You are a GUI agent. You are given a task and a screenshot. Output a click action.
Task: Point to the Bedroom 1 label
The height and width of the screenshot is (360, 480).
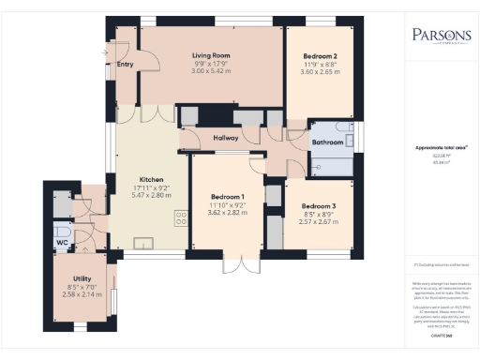click(x=227, y=196)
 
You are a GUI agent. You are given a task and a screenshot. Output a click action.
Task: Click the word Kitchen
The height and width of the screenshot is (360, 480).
click(x=152, y=179)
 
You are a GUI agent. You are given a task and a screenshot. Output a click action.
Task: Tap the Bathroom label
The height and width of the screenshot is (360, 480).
click(x=327, y=142)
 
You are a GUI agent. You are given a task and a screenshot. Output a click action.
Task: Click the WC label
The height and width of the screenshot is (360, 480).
click(x=62, y=243)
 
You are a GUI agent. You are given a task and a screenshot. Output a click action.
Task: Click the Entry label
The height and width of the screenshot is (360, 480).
click(x=125, y=65)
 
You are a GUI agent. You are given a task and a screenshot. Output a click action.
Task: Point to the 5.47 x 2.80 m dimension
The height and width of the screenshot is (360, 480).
click(x=152, y=195)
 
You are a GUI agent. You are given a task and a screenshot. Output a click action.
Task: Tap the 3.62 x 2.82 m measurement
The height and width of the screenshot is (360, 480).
click(x=227, y=212)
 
